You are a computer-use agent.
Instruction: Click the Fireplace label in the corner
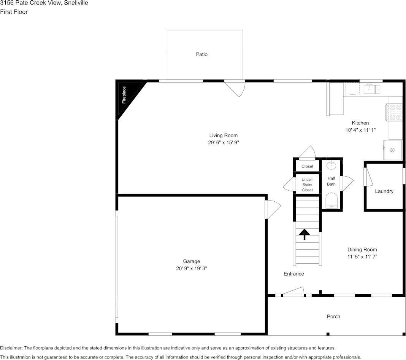pos(124,95)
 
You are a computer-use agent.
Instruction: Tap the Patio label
pos(201,54)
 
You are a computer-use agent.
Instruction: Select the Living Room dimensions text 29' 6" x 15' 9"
pos(224,142)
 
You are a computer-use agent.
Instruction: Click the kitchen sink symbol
pos(372,89)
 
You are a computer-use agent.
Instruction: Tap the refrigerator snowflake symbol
pos(392,150)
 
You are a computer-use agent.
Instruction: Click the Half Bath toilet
pos(331,200)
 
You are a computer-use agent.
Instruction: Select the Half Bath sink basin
pos(331,165)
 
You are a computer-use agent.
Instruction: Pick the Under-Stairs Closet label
pos(307,185)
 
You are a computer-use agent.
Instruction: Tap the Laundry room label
pos(384,191)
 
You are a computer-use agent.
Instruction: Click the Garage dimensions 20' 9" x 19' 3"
pos(191,269)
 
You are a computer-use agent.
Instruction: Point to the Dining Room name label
pos(362,250)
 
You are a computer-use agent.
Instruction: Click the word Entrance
pos(293,274)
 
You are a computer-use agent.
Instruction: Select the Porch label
pos(333,317)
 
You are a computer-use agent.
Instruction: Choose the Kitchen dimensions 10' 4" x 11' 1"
pos(360,130)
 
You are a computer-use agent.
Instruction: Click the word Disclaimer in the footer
pos(11,348)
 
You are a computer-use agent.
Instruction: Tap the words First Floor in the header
pos(14,12)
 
